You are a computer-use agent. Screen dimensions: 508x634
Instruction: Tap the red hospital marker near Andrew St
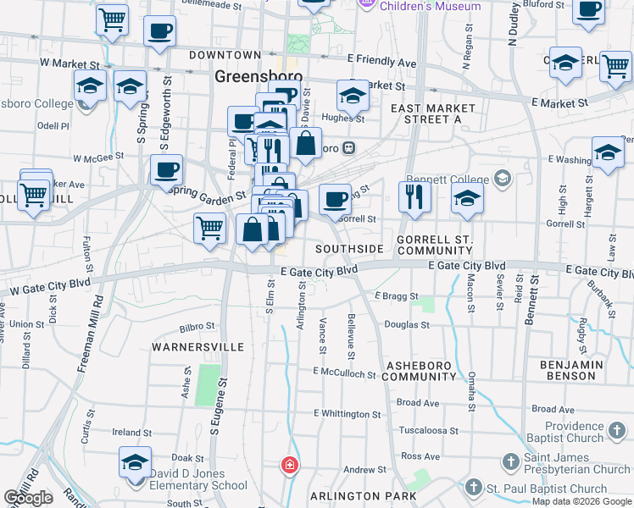click(290, 465)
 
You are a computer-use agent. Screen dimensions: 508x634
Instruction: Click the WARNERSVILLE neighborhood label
click(197, 347)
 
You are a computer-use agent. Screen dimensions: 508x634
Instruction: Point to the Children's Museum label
click(430, 6)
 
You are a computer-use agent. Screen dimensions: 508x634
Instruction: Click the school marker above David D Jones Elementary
click(135, 462)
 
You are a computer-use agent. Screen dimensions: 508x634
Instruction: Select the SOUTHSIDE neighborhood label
click(348, 249)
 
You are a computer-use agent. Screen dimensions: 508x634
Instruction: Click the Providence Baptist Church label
click(574, 432)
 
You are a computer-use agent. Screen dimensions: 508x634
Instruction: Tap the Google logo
click(28, 498)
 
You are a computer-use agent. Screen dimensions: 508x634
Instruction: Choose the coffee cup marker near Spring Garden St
click(166, 170)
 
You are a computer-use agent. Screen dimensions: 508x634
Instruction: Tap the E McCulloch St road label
click(343, 373)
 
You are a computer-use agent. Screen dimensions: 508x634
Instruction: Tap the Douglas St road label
click(407, 324)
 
